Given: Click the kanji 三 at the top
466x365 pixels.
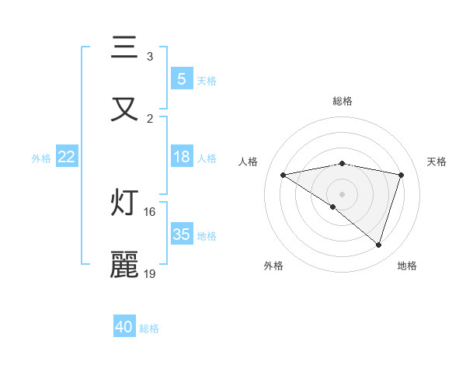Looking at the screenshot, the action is click(x=124, y=48).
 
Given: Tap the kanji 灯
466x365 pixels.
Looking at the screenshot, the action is click(x=124, y=203).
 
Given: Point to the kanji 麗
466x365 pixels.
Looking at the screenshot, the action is click(x=124, y=264).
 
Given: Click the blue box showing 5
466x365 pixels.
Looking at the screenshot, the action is click(x=181, y=78).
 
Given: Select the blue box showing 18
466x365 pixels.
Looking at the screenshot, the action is click(x=181, y=157).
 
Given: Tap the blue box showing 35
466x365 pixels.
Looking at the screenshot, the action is click(x=181, y=235).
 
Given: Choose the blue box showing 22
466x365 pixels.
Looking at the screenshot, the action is click(x=67, y=157).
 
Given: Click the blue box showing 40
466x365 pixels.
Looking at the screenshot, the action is click(x=124, y=327).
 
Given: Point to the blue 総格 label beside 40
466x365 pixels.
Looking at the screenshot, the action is click(x=149, y=328).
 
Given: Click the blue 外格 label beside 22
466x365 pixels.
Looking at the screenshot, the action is click(x=41, y=158).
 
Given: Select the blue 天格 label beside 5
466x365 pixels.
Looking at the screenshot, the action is click(x=206, y=80).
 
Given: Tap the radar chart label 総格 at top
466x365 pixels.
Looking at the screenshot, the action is click(x=342, y=101).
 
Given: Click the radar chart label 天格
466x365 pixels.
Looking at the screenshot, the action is click(x=436, y=162).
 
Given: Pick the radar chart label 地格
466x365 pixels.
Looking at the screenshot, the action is click(x=407, y=266).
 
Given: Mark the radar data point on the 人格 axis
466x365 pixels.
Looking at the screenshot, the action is click(x=283, y=175).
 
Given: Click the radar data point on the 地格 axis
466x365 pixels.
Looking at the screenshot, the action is click(x=378, y=245).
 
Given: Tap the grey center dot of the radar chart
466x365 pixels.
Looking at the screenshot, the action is click(x=342, y=193).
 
